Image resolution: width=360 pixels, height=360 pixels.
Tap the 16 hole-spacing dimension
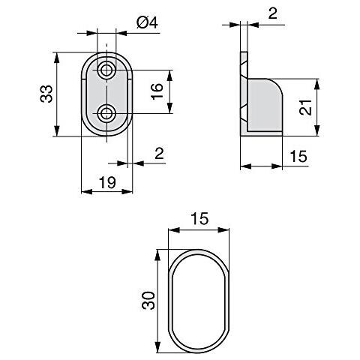point(156,93)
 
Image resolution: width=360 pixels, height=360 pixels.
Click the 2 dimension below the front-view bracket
point(159,154)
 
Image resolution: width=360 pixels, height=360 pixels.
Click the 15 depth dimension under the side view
point(298,157)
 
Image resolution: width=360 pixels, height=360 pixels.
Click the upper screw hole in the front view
point(107,70)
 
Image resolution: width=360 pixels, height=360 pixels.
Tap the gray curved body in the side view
point(266,105)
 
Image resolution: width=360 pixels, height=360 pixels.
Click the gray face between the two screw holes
point(107,92)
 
